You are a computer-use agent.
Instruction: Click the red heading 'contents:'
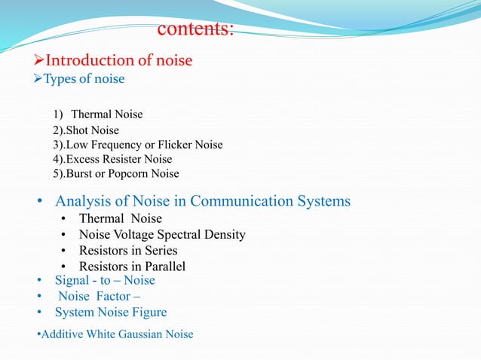tap(196, 29)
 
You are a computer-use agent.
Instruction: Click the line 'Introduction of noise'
tap(119, 60)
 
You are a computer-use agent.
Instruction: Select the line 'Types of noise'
tap(84, 79)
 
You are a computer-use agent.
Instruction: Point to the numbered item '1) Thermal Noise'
tap(98, 114)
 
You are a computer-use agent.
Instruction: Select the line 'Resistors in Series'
tap(128, 250)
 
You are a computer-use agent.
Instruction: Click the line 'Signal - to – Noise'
tap(105, 280)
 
